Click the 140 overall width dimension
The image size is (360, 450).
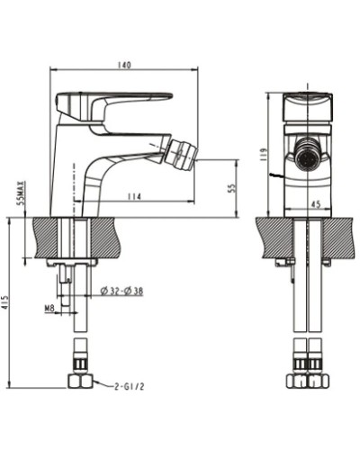point(124,65)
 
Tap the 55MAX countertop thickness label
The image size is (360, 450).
point(21,194)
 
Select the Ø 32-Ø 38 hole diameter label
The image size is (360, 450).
point(122,290)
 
